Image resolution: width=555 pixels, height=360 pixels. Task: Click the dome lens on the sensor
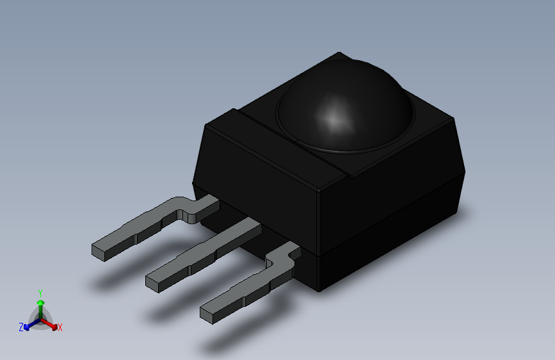tap(345, 106)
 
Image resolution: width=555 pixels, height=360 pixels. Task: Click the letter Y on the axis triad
tap(40, 293)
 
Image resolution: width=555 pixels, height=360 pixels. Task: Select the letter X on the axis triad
tap(60, 327)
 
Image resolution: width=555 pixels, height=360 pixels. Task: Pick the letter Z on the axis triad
tap(21, 327)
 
